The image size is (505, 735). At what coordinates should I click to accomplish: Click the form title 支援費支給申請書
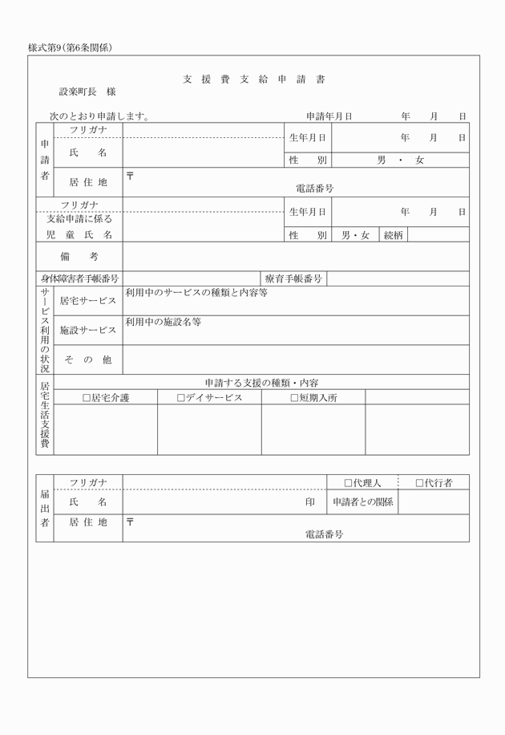point(252,79)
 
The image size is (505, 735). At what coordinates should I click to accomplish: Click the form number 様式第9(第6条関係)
point(70,47)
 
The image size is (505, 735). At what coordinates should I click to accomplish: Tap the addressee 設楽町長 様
point(87,93)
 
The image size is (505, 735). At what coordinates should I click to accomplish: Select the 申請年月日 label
point(329,116)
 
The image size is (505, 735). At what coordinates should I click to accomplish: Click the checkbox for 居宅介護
point(87,397)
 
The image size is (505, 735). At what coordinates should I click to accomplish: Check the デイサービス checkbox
point(181,397)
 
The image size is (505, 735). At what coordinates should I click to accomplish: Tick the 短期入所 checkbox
point(294,397)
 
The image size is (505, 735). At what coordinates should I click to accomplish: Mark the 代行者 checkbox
point(419,483)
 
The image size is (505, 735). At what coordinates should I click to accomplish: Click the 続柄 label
point(394,235)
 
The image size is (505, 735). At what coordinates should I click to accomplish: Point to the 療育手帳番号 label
point(293,279)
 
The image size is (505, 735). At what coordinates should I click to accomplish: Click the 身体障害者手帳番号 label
point(79,279)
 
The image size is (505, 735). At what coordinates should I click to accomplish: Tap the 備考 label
point(79,257)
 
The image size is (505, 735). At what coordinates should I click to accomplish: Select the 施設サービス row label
point(88,330)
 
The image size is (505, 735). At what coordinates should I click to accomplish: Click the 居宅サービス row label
point(88,301)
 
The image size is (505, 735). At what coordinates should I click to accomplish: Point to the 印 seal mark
point(309,502)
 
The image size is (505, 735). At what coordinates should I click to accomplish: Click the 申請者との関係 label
point(362,502)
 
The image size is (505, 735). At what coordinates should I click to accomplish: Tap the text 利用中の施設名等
point(163,322)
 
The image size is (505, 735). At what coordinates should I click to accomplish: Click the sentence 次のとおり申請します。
point(100,116)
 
